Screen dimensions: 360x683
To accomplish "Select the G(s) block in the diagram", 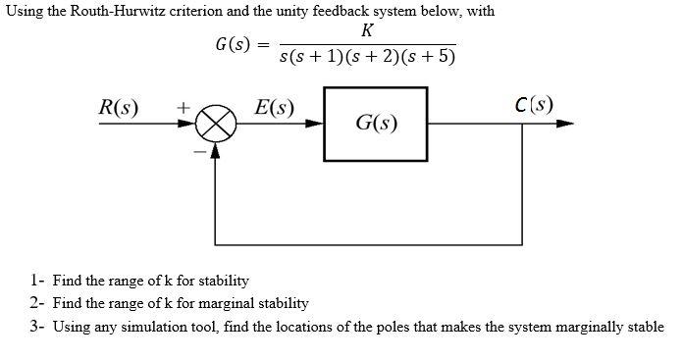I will (x=376, y=125).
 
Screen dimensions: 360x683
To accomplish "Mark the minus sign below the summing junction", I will (x=199, y=152).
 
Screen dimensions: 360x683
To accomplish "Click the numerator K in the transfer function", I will (x=367, y=29).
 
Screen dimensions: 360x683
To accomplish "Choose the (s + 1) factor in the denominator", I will (x=331, y=56).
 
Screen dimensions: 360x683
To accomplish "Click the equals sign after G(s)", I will (x=262, y=44).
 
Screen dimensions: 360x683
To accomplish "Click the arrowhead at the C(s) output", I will (x=564, y=125).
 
